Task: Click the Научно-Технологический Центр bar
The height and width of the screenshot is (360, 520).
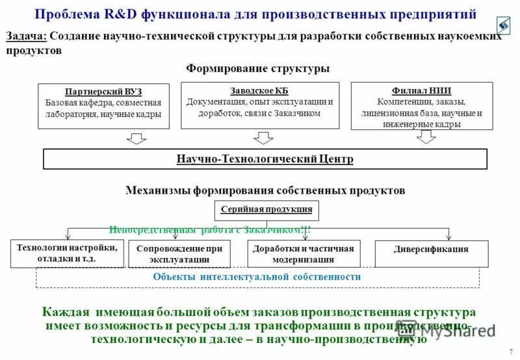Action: [265, 159]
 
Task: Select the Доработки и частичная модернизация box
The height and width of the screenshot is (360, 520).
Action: [304, 253]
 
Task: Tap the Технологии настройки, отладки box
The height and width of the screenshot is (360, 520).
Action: [68, 253]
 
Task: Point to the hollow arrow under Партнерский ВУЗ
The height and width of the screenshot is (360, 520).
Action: [136, 138]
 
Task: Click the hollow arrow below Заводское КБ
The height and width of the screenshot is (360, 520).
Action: [263, 137]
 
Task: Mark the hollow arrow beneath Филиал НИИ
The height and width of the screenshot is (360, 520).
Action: [426, 136]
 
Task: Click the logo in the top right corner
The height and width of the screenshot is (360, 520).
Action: [503, 25]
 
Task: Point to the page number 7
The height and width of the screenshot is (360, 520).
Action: [510, 352]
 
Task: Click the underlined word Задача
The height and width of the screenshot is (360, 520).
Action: [26, 36]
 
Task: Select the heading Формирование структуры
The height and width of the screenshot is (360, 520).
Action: [258, 68]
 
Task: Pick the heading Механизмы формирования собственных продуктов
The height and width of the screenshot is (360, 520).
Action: [265, 190]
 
